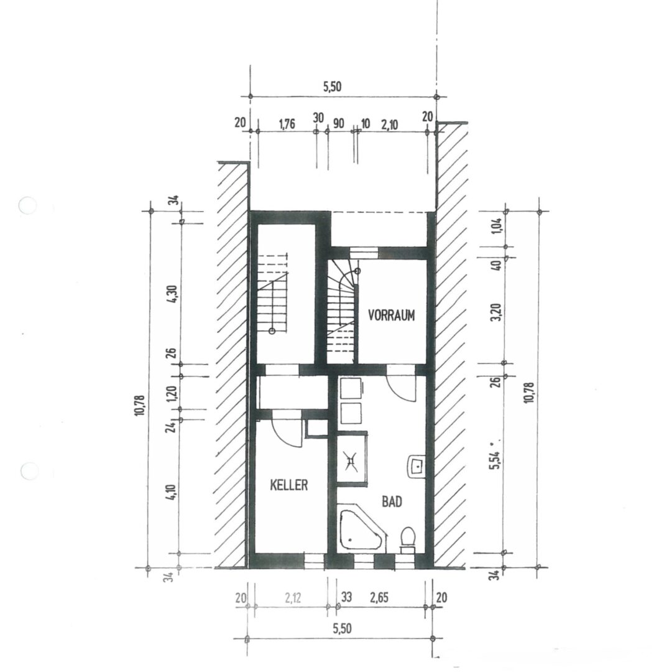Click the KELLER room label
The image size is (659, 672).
coord(289,485)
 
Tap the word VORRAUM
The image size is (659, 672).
coord(392,315)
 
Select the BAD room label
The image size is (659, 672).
coord(392,502)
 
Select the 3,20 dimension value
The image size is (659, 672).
coord(497,313)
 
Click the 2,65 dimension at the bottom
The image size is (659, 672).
coord(379,597)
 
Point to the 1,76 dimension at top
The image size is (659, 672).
coord(287,124)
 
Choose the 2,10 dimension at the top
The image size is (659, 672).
coord(390,124)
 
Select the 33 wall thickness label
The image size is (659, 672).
coord(346,597)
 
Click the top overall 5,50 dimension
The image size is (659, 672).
coord(332,86)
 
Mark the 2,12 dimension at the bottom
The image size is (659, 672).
coord(293,597)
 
